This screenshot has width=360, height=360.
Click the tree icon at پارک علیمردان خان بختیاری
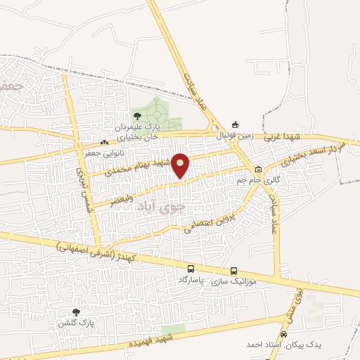coord(136,115)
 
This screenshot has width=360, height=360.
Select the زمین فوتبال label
coord(233,134)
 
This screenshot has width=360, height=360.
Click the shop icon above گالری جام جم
coord(258,169)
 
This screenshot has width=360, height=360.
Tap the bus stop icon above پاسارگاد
coord(191,269)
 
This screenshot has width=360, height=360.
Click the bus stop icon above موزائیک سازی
coord(233,271)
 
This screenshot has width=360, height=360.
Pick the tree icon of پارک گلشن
coord(76,311)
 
